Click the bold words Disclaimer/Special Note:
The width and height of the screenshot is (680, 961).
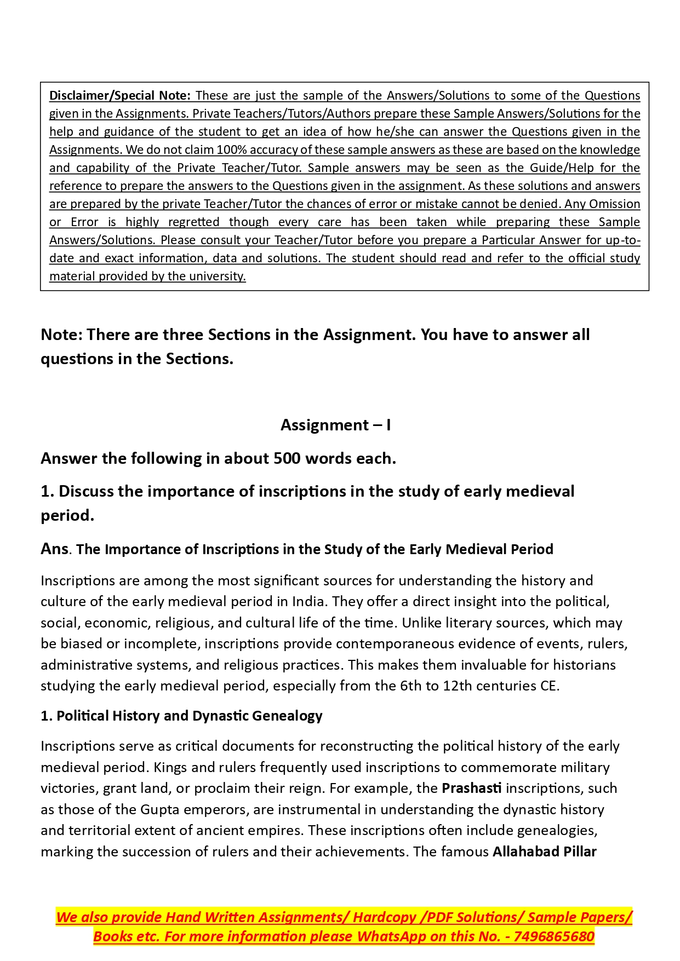pyautogui.click(x=119, y=96)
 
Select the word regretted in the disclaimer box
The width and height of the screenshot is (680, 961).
pyautogui.click(x=193, y=222)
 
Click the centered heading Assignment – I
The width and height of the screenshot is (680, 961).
pyautogui.click(x=335, y=425)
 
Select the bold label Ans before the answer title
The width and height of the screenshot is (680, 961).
pyautogui.click(x=54, y=549)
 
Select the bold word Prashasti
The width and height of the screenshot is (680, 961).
pyautogui.click(x=471, y=789)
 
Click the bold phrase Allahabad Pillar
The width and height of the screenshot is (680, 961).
pyautogui.click(x=544, y=852)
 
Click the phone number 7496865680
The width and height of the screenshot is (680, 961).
pyautogui.click(x=553, y=936)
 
